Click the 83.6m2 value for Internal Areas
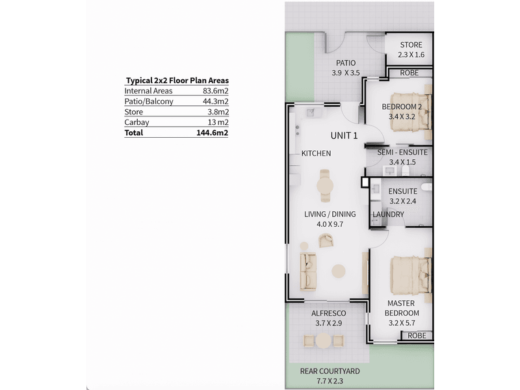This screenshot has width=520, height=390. coord(216,91)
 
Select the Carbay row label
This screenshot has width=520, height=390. coord(136,122)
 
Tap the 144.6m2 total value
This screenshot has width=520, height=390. coord(213,133)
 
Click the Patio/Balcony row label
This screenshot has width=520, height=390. coord(149,101)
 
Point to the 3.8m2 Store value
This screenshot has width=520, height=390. coord(218,112)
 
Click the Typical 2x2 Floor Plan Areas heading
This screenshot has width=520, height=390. coord(177,81)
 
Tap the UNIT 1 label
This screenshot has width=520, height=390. coord(344,136)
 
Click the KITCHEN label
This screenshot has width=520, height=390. coord(316,153)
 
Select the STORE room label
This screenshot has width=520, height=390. coord(411,45)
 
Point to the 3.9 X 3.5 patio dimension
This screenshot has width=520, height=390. coord(346,73)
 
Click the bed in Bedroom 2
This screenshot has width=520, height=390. coord(411,112)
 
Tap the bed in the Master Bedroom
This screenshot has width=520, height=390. coord(411,275)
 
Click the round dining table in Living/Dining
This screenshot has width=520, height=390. coord(325,186)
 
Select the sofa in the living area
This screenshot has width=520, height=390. coord(308,271)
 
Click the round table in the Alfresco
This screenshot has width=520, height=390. coord(323,341)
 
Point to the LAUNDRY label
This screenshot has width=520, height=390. coord(388,214)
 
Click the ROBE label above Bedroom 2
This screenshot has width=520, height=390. coord(409,73)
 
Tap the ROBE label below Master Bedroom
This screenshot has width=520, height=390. coord(417,335)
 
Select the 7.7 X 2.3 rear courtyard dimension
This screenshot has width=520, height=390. coord(330,382)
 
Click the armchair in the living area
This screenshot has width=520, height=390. coord(326,240)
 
